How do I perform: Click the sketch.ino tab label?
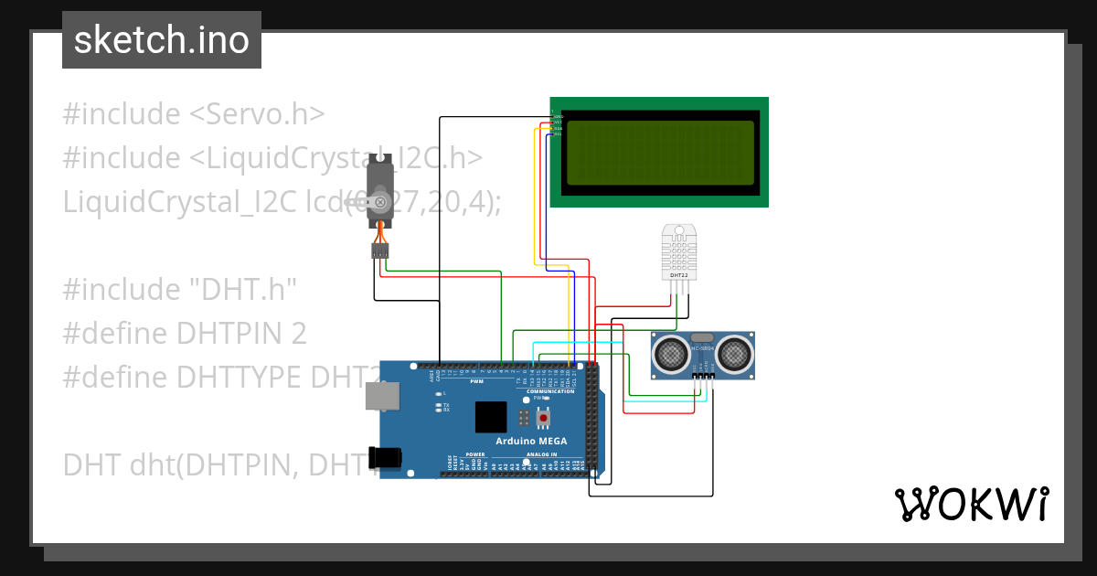(x=162, y=40)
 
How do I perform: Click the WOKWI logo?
(x=971, y=505)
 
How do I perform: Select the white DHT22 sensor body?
(x=678, y=251)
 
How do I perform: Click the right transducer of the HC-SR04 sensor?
(x=735, y=352)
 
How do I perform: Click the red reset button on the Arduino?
(x=544, y=418)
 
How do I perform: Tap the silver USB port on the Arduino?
(x=381, y=395)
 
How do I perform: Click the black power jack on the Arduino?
(x=385, y=457)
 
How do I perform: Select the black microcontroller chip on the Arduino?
(x=491, y=417)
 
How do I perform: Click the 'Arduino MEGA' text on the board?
(x=530, y=441)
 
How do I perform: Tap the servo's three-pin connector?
(x=380, y=251)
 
